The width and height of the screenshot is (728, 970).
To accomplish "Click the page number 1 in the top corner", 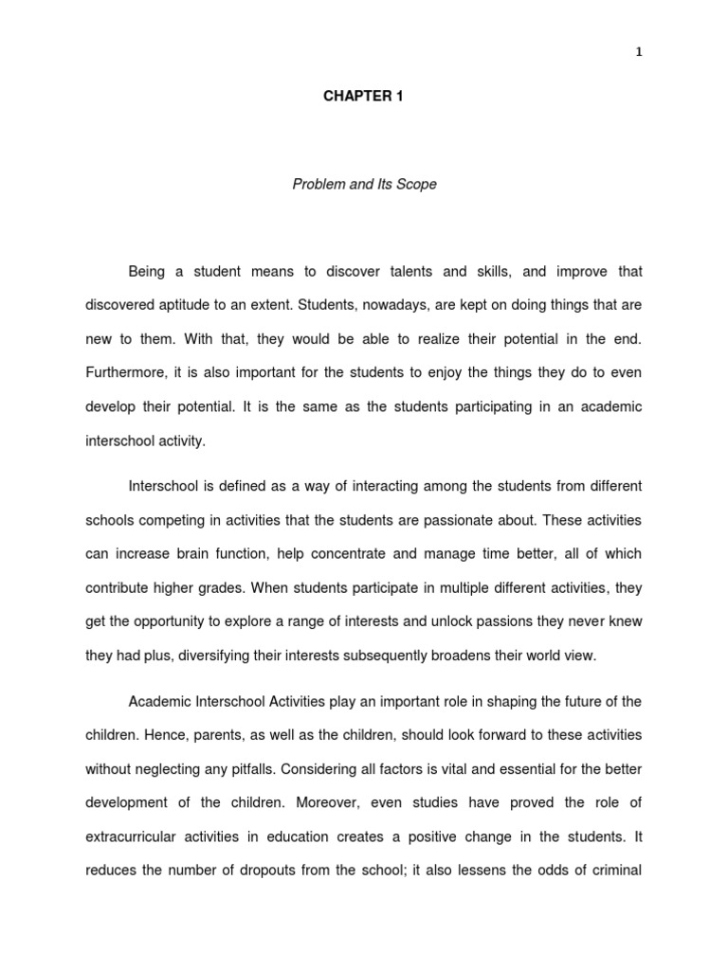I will [639, 52].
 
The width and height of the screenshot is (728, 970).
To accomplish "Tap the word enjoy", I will [484, 373].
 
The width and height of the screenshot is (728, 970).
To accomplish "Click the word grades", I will [215, 588].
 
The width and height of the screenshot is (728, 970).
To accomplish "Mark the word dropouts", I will [278, 871].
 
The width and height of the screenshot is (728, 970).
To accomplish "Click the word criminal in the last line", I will [616, 871].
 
